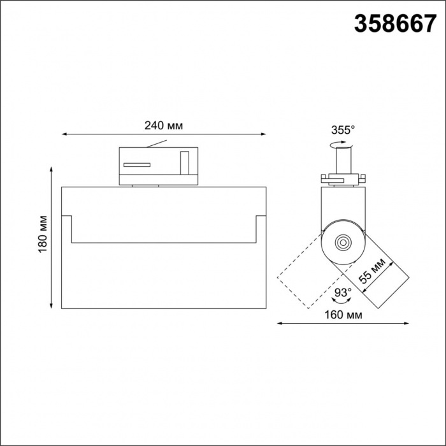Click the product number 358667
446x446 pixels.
tap(395, 24)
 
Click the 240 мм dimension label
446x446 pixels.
tap(164, 126)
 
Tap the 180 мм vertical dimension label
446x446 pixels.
tap(43, 234)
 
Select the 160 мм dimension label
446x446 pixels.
tap(343, 315)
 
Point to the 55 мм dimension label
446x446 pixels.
tap(372, 271)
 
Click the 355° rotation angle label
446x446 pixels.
tap(343, 130)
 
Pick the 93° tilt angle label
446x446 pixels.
tap(343, 292)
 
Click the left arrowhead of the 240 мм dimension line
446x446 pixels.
tap(64, 134)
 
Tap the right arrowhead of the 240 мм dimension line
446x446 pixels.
tap(264, 134)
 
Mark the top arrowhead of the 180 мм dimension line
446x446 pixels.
tap(51, 169)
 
